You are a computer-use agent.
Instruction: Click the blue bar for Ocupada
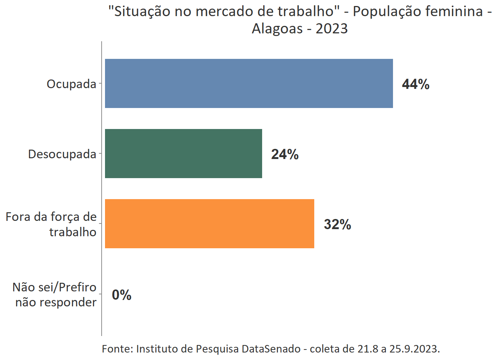pyautogui.click(x=249, y=83)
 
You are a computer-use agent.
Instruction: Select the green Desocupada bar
pyautogui.click(x=183, y=153)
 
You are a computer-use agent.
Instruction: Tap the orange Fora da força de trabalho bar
pyautogui.click(x=209, y=223)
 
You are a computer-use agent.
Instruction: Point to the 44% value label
pyautogui.click(x=415, y=84)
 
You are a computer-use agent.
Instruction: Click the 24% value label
pyautogui.click(x=285, y=154)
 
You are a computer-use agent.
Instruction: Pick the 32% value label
pyautogui.click(x=337, y=224)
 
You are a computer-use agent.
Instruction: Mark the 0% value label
pyautogui.click(x=121, y=295)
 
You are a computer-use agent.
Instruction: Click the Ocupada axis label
pyautogui.click(x=71, y=84)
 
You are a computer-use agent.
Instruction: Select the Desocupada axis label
pyautogui.click(x=62, y=154)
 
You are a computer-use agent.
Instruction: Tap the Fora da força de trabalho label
pyautogui.click(x=51, y=224)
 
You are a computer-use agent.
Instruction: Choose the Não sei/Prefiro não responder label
pyautogui.click(x=55, y=294)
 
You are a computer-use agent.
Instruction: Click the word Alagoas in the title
pyautogui.click(x=277, y=28)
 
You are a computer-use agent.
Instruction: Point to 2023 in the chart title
pyautogui.click(x=331, y=28)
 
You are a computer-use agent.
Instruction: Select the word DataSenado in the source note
pyautogui.click(x=271, y=349)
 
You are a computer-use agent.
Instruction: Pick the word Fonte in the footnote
pyautogui.click(x=117, y=349)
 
